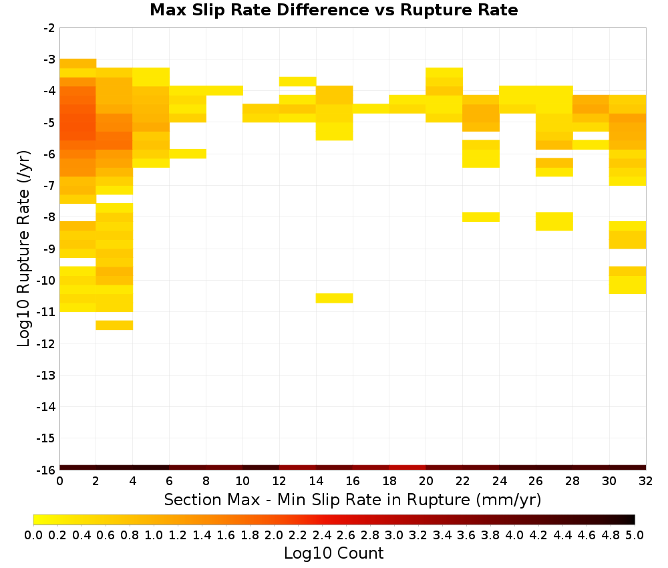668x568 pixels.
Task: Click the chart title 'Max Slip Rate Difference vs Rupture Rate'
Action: pyautogui.click(x=333, y=10)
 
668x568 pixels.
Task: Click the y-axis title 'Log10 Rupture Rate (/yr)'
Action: pyautogui.click(x=23, y=249)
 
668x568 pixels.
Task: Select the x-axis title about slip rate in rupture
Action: pyautogui.click(x=352, y=500)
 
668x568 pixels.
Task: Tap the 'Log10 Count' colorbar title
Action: pyautogui.click(x=333, y=553)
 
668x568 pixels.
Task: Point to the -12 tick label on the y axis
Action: pyautogui.click(x=46, y=343)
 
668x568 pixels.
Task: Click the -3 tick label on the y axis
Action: pyautogui.click(x=49, y=59)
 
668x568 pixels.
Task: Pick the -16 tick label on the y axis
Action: pyautogui.click(x=46, y=470)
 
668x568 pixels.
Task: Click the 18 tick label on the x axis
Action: pyautogui.click(x=389, y=481)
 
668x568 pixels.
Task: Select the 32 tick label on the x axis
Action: pyautogui.click(x=646, y=481)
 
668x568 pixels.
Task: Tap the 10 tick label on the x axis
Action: pyautogui.click(x=243, y=481)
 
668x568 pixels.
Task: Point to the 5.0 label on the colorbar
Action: pyautogui.click(x=635, y=535)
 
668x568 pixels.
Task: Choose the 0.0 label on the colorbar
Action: pyautogui.click(x=33, y=535)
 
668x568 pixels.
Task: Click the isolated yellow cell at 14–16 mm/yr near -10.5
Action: pyautogui.click(x=335, y=298)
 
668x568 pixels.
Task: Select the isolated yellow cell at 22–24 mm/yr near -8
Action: pyautogui.click(x=481, y=217)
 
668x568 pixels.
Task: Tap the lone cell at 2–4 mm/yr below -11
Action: pyautogui.click(x=114, y=325)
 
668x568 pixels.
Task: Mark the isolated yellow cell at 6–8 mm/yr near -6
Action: pyautogui.click(x=188, y=154)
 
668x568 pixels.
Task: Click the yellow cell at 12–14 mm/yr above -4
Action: pyautogui.click(x=298, y=82)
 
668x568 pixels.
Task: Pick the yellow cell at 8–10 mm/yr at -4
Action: pyautogui.click(x=224, y=90)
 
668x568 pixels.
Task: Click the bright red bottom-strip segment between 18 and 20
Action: pyautogui.click(x=407, y=468)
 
